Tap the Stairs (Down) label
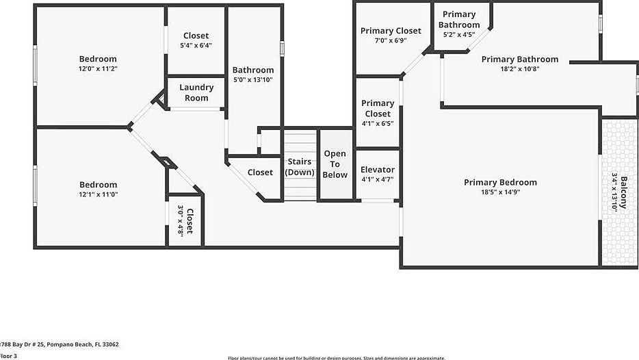pyautogui.click(x=300, y=167)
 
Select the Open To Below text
pyautogui.click(x=335, y=164)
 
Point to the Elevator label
pyautogui.click(x=378, y=170)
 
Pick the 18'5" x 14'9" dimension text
pyautogui.click(x=500, y=193)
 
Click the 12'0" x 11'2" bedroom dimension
pyautogui.click(x=98, y=68)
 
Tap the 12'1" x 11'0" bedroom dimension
pyautogui.click(x=98, y=194)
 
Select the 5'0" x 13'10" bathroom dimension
pyautogui.click(x=253, y=79)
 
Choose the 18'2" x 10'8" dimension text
pyautogui.click(x=520, y=68)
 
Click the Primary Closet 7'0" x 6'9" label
pyautogui.click(x=391, y=31)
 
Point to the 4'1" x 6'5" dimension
pyautogui.click(x=378, y=124)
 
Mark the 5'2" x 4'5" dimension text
pyautogui.click(x=459, y=34)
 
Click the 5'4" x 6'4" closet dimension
pyautogui.click(x=196, y=46)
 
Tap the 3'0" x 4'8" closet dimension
pyautogui.click(x=181, y=220)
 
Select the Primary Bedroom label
pyautogui.click(x=500, y=182)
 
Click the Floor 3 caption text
pyautogui.click(x=8, y=356)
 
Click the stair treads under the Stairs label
pyautogui.click(x=300, y=188)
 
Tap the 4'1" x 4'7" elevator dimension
pyautogui.click(x=378, y=179)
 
